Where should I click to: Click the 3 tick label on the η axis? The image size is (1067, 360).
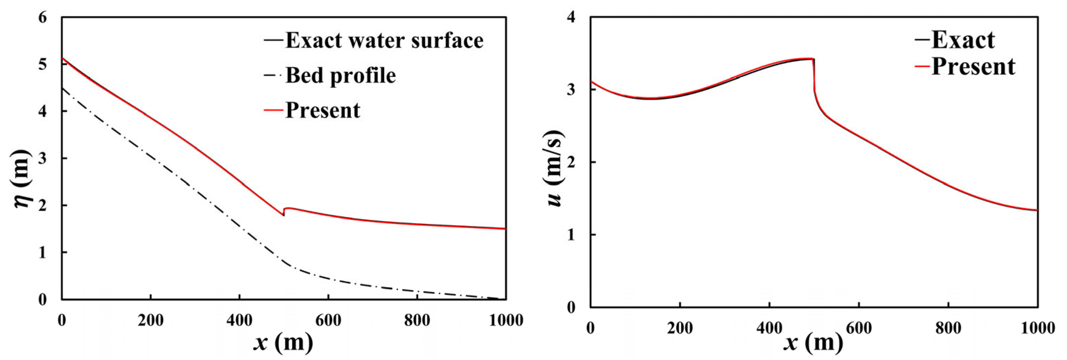click(43, 159)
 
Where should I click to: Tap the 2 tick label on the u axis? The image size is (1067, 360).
click(572, 162)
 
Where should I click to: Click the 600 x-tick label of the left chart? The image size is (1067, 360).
click(328, 320)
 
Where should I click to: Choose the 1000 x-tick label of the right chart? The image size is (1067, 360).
click(1037, 328)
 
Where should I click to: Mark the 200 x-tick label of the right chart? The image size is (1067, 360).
click(680, 328)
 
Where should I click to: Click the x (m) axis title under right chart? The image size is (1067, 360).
click(813, 343)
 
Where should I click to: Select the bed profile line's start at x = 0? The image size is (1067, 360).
click(62, 88)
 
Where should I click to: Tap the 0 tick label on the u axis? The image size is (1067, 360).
click(572, 307)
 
